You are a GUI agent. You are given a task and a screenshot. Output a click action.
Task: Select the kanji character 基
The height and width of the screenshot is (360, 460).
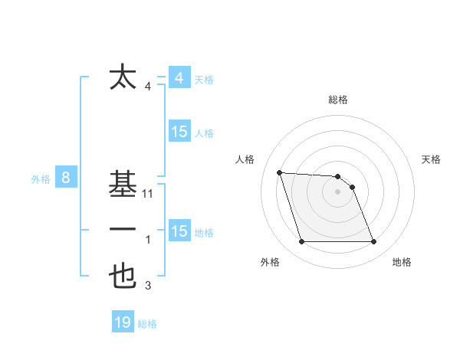point(123,185)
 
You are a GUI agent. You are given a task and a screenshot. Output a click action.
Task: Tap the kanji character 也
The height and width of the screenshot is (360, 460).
point(123,277)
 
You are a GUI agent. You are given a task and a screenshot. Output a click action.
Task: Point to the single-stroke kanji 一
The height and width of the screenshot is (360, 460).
point(123,230)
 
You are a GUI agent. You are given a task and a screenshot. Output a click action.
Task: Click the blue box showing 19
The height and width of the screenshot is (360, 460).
point(123,322)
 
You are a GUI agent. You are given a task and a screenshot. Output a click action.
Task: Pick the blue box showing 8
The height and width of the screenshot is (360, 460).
point(66,178)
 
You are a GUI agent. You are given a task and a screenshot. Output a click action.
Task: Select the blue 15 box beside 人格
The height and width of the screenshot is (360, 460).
point(179,132)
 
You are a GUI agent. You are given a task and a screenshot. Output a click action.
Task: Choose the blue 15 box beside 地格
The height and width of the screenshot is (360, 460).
point(179,231)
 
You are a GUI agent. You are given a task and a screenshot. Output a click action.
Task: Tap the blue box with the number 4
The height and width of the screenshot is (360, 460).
point(179,78)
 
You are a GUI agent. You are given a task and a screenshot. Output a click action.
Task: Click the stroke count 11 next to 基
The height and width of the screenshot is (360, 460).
point(148,195)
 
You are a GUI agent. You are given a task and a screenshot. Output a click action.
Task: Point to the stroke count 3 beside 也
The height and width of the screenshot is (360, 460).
point(148,286)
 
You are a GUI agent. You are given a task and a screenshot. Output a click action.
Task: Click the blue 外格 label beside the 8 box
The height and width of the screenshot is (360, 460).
point(41,179)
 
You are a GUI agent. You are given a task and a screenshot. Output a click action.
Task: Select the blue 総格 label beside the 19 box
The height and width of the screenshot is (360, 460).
point(147,324)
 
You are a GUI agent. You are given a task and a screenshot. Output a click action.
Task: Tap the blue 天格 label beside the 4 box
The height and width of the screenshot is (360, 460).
point(204,80)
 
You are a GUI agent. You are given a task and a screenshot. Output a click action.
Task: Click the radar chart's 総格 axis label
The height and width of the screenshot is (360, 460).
point(338,100)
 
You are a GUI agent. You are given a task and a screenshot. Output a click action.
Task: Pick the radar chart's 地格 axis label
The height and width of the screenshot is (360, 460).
point(402,262)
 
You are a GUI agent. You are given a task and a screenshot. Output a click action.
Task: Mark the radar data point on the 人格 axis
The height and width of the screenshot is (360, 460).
point(279,172)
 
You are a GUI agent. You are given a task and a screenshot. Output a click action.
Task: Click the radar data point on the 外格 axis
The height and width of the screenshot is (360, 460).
point(301,242)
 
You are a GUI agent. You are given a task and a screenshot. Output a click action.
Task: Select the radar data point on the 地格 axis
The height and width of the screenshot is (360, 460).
point(373,242)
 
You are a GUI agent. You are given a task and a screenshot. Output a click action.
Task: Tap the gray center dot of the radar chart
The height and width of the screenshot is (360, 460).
point(337,192)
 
